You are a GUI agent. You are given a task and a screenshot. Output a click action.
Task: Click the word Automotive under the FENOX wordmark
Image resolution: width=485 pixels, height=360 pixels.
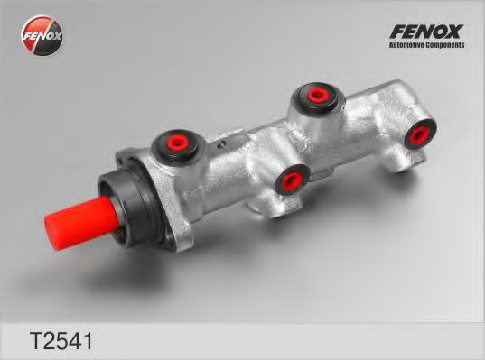(x=406, y=45)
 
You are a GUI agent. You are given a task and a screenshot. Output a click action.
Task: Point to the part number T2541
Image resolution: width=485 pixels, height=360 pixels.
(x=50, y=340)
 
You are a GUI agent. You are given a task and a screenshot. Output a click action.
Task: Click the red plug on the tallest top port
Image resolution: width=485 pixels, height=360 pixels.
(x=316, y=93)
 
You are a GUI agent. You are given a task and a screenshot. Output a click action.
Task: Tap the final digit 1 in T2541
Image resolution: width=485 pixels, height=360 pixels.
(x=76, y=340)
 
